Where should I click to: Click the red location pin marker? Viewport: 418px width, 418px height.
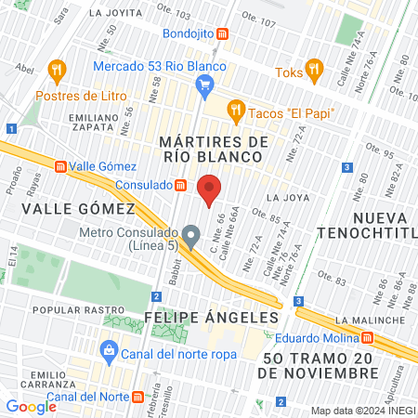coord(210,189)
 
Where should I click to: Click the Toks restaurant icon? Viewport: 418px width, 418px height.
coord(314,69)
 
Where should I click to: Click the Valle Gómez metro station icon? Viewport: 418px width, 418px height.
coord(60,167)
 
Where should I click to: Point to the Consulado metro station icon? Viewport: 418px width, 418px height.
coord(180,185)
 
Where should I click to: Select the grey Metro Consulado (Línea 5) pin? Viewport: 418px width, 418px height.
coord(191,237)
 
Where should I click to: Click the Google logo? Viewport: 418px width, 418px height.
coord(31,406)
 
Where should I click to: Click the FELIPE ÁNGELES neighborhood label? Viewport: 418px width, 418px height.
coord(211,317)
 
